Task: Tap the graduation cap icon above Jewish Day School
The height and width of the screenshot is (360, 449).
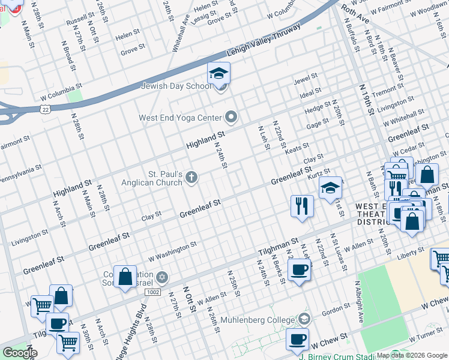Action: point(219,74)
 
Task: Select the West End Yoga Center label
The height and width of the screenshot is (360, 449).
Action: point(181,117)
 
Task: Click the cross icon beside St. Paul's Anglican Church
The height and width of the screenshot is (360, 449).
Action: point(191,176)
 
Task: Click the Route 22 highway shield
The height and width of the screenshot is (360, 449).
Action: point(45,109)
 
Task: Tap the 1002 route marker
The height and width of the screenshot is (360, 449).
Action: point(151,291)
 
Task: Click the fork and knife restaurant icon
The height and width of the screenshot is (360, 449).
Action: point(302,206)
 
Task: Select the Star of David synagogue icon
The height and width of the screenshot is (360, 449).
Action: point(161,278)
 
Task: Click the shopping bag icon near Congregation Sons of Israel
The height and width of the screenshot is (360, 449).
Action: point(125,277)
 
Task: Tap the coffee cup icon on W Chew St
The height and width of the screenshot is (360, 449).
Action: point(297,339)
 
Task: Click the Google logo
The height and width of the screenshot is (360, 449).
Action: point(20,353)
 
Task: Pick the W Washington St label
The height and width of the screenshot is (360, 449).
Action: point(173,250)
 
